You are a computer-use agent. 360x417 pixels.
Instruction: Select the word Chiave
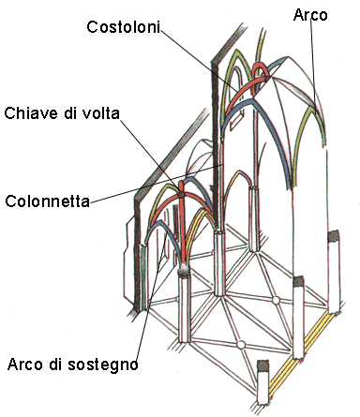pyautogui.click(x=29, y=113)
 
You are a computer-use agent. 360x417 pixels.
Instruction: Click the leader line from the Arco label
pyautogui.click(x=316, y=75)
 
